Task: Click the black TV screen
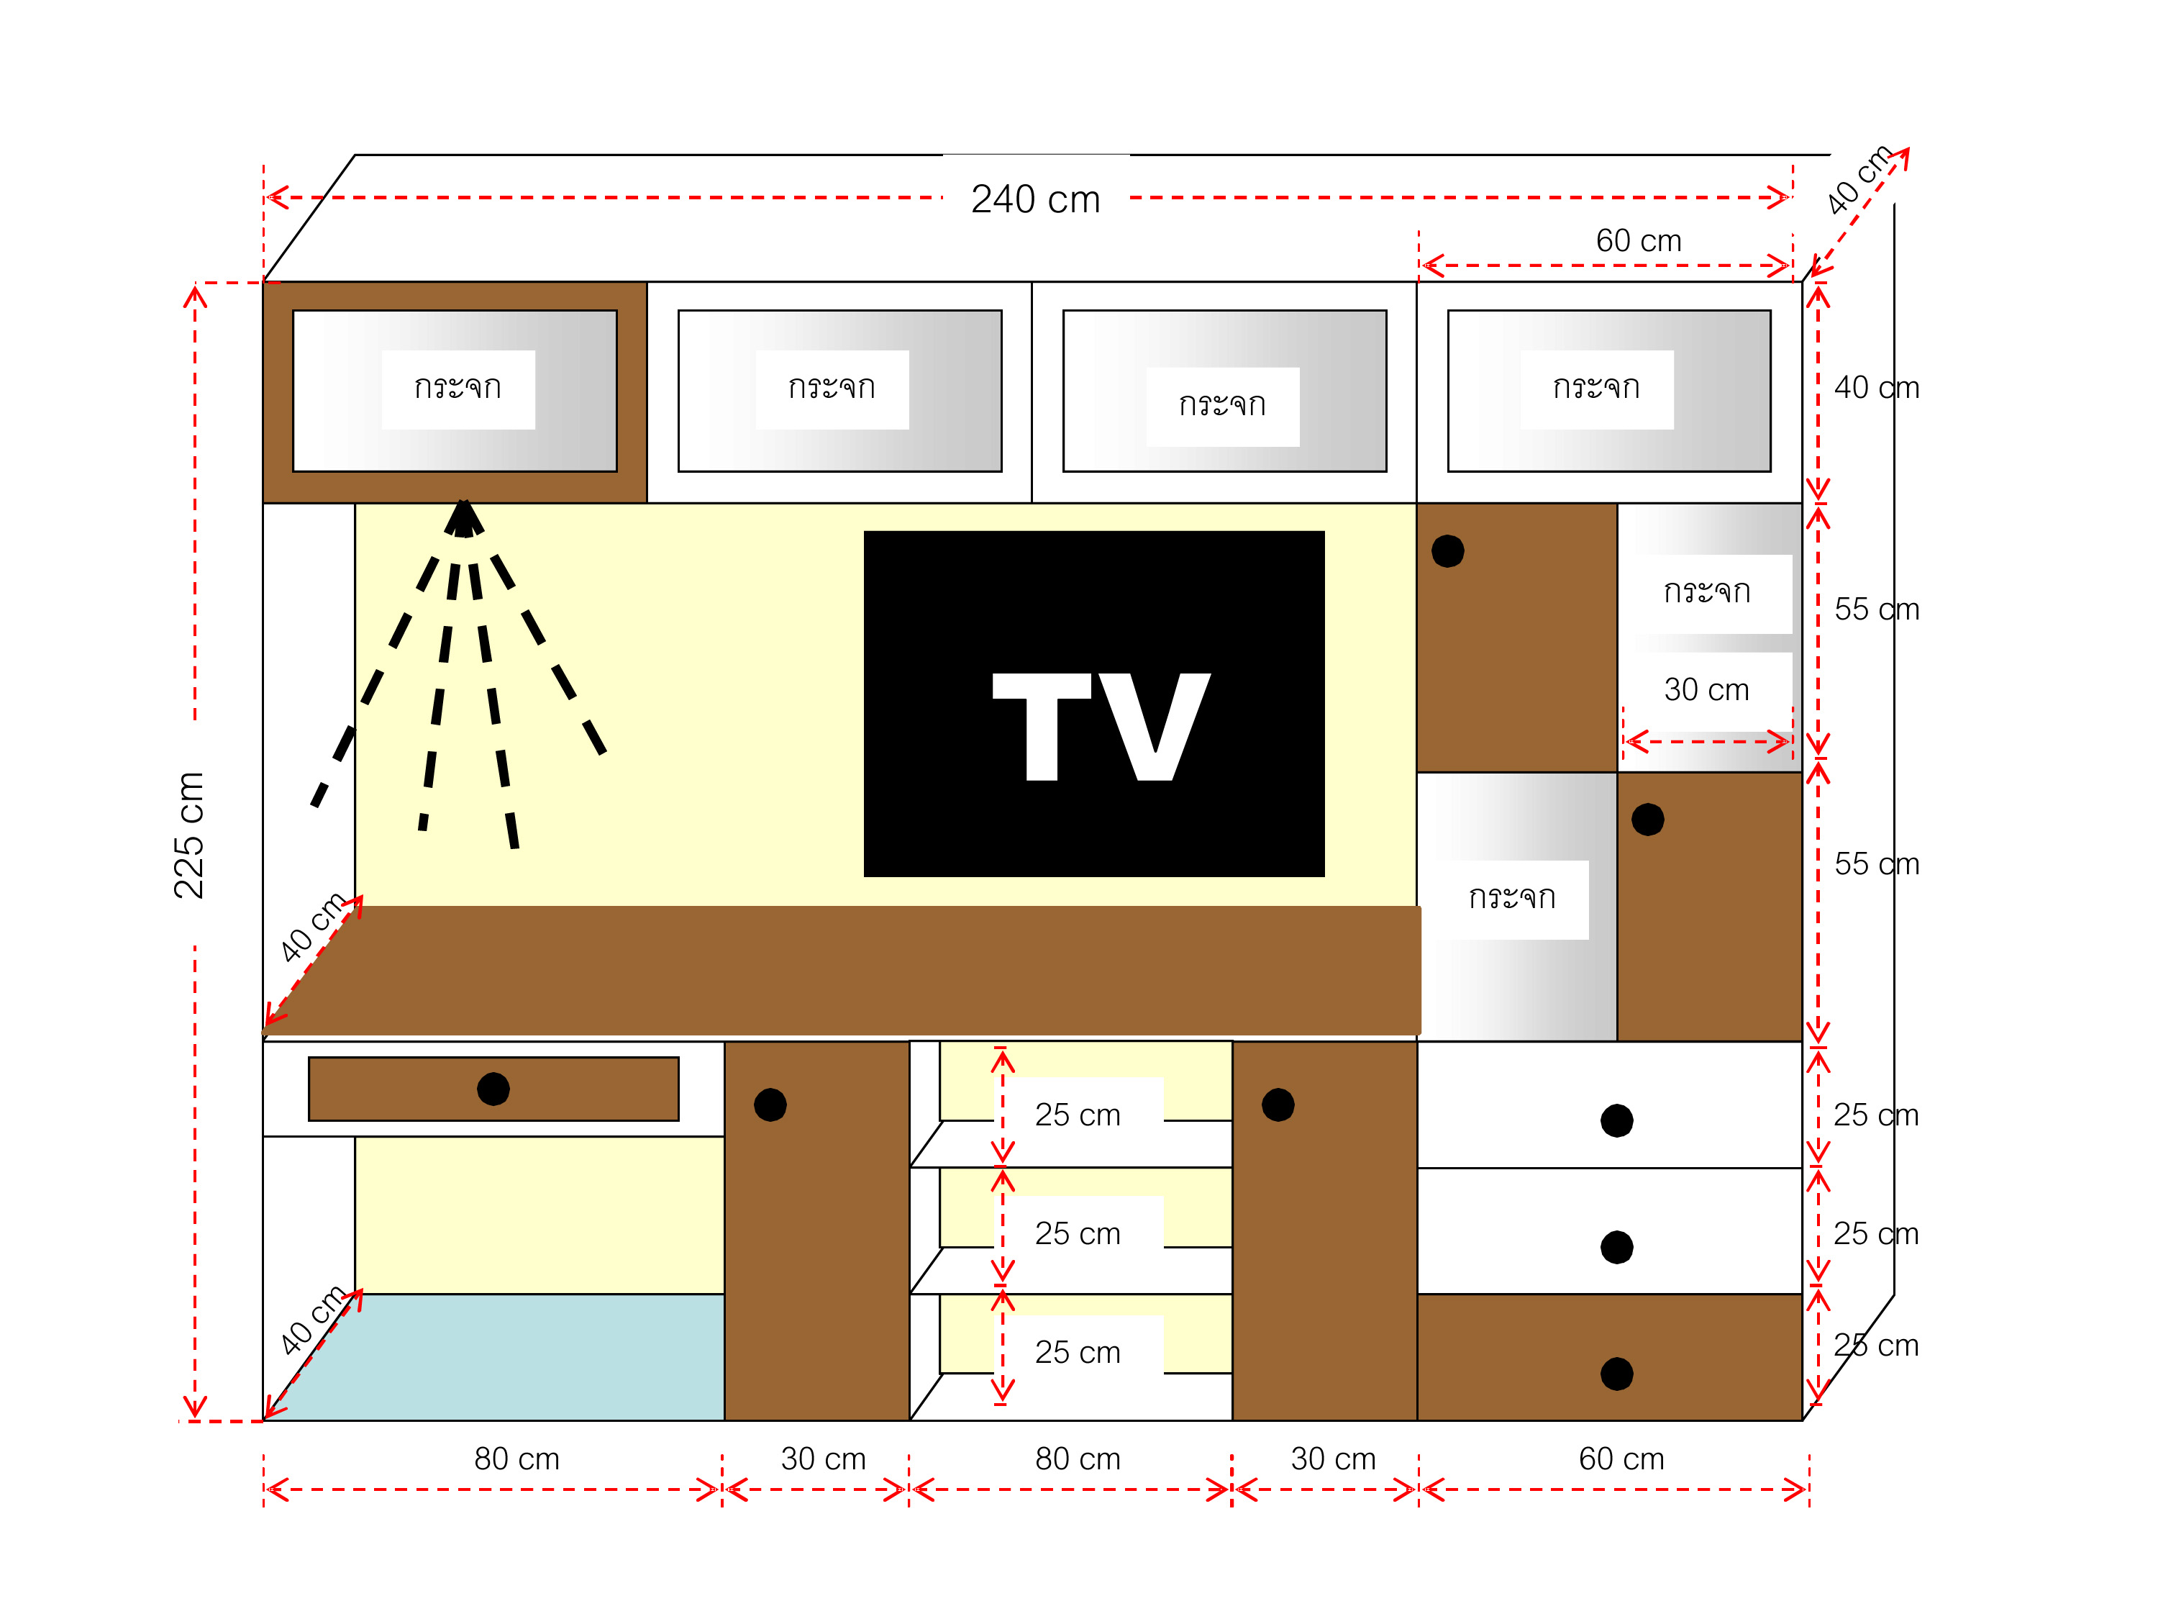click(x=1093, y=704)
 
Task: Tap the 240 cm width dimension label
click(x=1035, y=199)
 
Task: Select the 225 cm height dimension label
click(x=188, y=835)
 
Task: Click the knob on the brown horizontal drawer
click(x=493, y=1088)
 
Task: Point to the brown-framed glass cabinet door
click(x=455, y=391)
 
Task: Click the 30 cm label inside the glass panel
click(x=1706, y=689)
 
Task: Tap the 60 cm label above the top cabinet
click(x=1639, y=240)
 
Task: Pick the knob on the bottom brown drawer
click(x=1616, y=1373)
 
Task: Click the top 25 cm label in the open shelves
click(x=1077, y=1115)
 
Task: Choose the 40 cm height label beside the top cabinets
click(x=1876, y=387)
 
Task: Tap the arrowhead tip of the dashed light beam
click(x=463, y=501)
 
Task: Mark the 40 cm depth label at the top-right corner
click(x=1859, y=180)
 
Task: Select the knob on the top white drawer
click(x=1616, y=1120)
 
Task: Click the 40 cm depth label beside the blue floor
click(x=312, y=1320)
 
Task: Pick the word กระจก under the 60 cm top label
click(x=1596, y=387)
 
